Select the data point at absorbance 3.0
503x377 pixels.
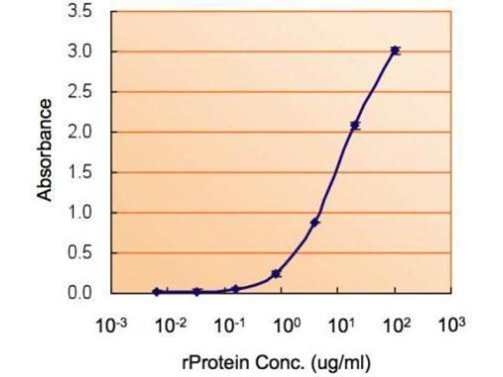click(x=395, y=51)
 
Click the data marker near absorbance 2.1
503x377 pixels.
click(x=355, y=126)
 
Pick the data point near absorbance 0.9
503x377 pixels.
click(x=315, y=222)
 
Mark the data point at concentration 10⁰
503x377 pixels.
click(x=276, y=274)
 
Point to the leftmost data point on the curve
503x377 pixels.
click(x=157, y=292)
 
